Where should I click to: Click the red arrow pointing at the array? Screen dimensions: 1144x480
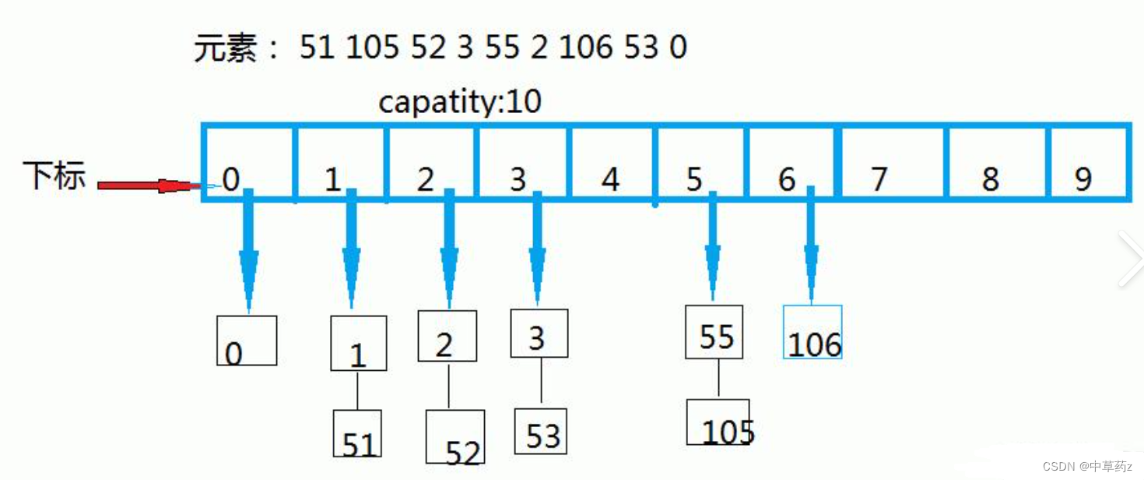tap(150, 185)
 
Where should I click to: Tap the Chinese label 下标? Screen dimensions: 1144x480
tap(54, 175)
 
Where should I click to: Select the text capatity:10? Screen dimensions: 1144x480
tap(460, 102)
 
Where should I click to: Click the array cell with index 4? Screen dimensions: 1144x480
tap(612, 163)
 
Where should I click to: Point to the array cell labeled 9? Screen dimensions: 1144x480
tap(1088, 163)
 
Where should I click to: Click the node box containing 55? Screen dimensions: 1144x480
tap(714, 332)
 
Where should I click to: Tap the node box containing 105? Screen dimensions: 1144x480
tap(718, 422)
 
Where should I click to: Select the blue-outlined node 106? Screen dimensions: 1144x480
tap(812, 332)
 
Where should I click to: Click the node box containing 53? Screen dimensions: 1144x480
tap(540, 432)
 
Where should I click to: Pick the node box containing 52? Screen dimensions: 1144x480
tap(455, 436)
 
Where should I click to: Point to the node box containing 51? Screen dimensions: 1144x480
tap(357, 433)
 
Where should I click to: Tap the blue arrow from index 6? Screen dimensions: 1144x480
tap(811, 245)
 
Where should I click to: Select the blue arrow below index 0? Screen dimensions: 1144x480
tap(248, 250)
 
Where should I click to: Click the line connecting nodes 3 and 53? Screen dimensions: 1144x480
tap(542, 380)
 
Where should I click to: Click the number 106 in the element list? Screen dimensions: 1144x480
tap(585, 48)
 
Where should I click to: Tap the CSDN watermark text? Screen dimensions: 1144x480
tap(1087, 466)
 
